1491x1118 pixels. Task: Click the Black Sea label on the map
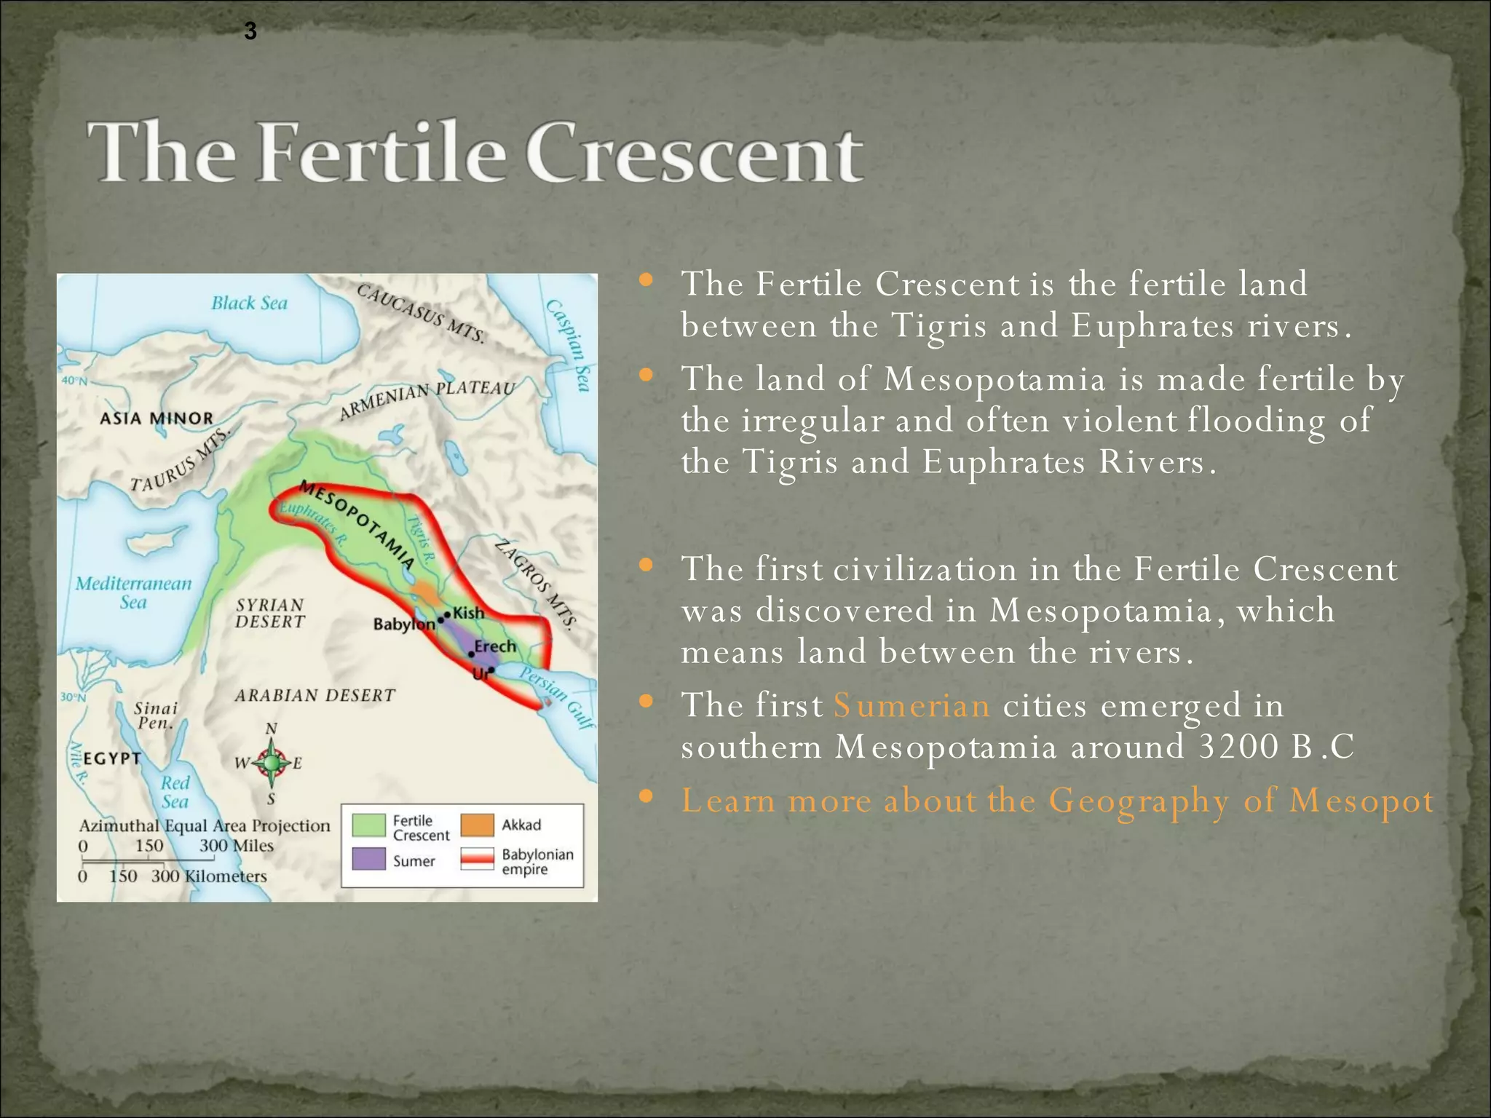(249, 303)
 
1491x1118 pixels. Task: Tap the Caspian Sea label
(569, 345)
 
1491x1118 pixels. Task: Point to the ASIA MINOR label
(157, 419)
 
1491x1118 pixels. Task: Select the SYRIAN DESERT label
(270, 613)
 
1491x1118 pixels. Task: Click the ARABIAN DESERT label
(315, 695)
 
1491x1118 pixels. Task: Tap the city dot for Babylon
(440, 621)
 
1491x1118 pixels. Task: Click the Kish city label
(469, 613)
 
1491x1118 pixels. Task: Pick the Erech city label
(495, 646)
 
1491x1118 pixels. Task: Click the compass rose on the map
(272, 763)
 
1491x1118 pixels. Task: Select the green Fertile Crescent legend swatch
(368, 825)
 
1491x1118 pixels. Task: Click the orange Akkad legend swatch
(478, 825)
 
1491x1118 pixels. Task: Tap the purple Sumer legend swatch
(368, 859)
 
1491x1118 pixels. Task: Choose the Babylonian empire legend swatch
(478, 859)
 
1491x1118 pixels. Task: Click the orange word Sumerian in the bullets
(911, 705)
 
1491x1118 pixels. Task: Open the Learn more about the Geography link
(1056, 801)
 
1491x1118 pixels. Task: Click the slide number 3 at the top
(250, 31)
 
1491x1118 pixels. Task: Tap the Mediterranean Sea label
(133, 592)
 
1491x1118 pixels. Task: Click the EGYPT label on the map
(111, 758)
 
